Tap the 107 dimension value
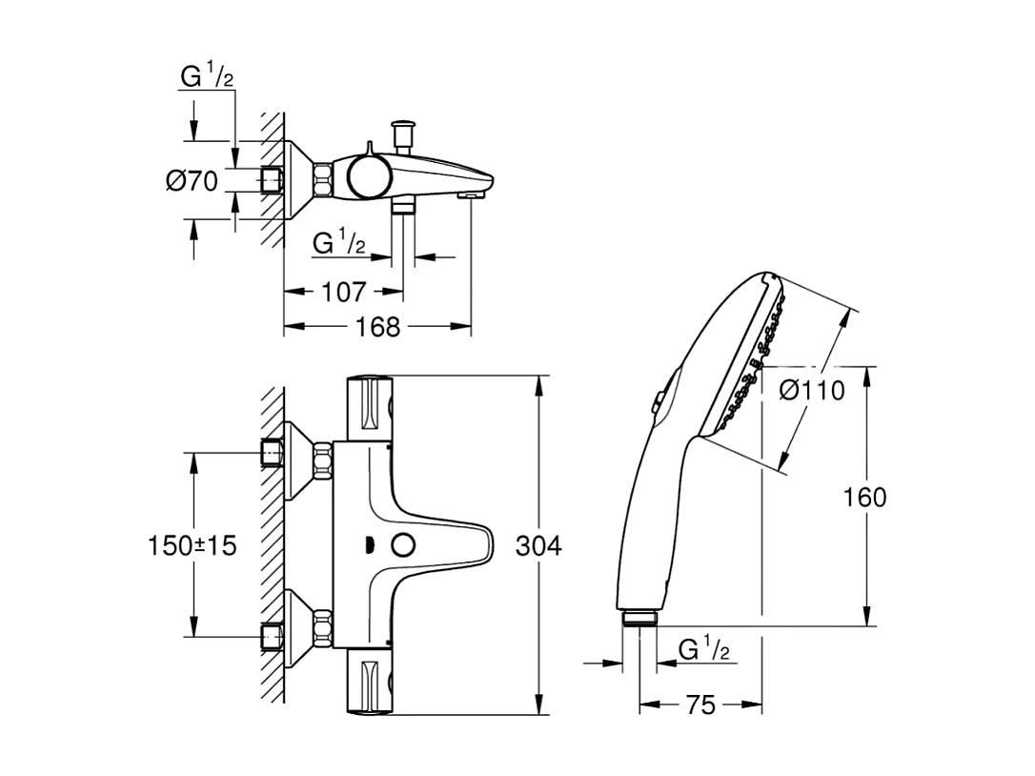(344, 292)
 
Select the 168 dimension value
(378, 327)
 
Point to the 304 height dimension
(538, 546)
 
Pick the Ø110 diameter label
(811, 390)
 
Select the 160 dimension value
(865, 497)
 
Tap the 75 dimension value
(700, 705)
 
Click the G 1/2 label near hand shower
(703, 650)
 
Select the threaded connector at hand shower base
(639, 618)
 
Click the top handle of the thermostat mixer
(370, 408)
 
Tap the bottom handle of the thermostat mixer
(370, 684)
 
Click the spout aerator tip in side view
(468, 194)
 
